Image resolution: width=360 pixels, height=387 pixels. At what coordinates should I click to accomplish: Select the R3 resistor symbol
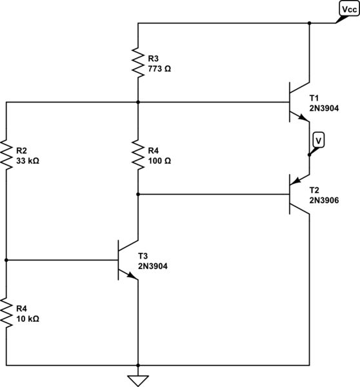pos(137,63)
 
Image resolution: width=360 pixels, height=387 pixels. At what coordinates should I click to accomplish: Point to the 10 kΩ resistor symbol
pos(6,313)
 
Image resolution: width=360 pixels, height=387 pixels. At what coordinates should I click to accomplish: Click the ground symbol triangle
pos(137,380)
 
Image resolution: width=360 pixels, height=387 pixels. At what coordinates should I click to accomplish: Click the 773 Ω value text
pos(161,67)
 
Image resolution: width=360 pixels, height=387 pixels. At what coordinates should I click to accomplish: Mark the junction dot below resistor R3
pos(137,102)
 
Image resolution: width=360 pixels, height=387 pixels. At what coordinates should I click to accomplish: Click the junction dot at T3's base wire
pos(6,260)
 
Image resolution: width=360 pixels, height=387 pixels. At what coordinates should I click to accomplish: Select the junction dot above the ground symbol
pos(137,364)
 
